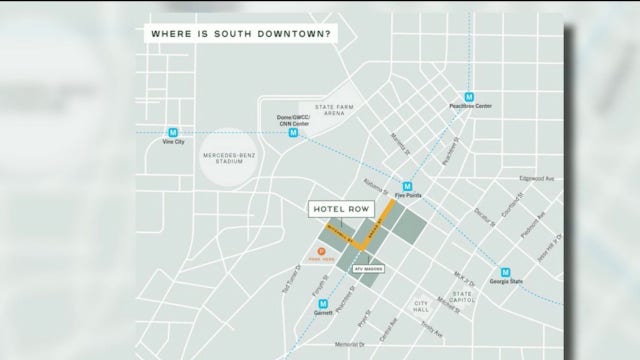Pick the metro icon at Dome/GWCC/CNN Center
coord(294,132)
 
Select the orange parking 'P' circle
coord(322,251)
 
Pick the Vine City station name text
coord(174,143)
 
